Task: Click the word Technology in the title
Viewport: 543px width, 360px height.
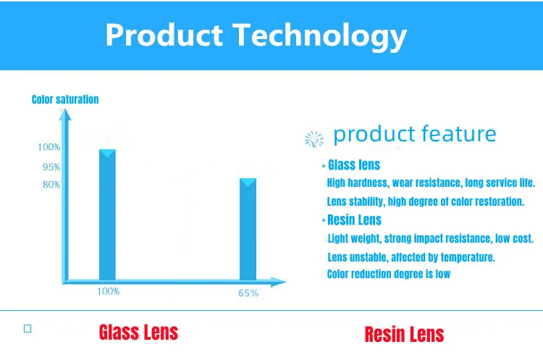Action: (319, 36)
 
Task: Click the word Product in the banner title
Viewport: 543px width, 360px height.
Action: (164, 35)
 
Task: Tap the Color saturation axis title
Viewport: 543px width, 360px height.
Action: (65, 99)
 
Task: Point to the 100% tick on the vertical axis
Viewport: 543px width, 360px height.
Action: (49, 147)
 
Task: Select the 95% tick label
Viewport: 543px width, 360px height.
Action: (51, 167)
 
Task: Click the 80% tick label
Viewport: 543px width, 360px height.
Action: (51, 184)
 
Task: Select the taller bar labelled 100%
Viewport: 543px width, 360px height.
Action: (107, 215)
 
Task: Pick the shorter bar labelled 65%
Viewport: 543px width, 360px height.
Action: (248, 230)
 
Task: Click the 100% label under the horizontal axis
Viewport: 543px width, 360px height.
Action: (108, 291)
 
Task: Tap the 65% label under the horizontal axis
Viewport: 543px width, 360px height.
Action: (248, 293)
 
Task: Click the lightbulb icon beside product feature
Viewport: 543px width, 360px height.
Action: (314, 139)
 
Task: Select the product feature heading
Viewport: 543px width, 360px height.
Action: (415, 134)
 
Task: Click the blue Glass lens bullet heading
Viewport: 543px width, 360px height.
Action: (354, 165)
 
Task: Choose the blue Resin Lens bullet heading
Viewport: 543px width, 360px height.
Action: (354, 219)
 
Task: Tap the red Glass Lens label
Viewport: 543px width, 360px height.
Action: (138, 332)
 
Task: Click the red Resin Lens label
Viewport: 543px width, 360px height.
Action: (404, 335)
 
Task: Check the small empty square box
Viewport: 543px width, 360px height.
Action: (28, 328)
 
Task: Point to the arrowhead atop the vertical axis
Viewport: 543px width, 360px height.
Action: (64, 114)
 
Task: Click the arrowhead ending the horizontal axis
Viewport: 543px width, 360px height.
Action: (279, 282)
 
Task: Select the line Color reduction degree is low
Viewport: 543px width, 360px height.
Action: (389, 274)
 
